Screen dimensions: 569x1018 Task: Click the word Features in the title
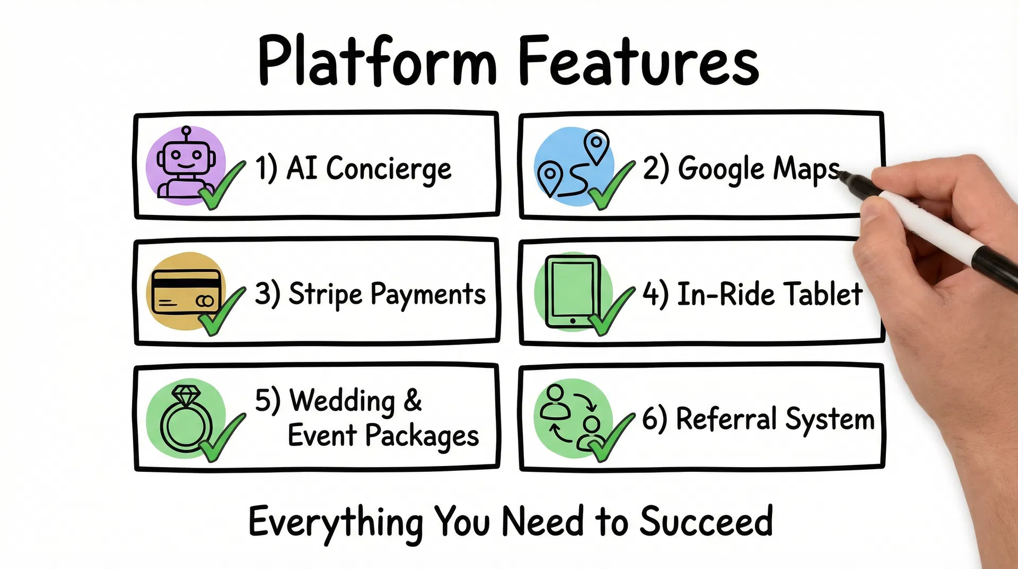[638, 61]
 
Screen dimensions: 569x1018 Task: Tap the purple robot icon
[185, 165]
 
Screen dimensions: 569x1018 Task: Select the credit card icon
[185, 292]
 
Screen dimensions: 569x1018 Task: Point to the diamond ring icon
[186, 419]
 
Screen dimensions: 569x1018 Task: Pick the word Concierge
[389, 169]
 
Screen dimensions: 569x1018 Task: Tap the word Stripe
[325, 295]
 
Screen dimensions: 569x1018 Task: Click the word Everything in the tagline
[336, 522]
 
